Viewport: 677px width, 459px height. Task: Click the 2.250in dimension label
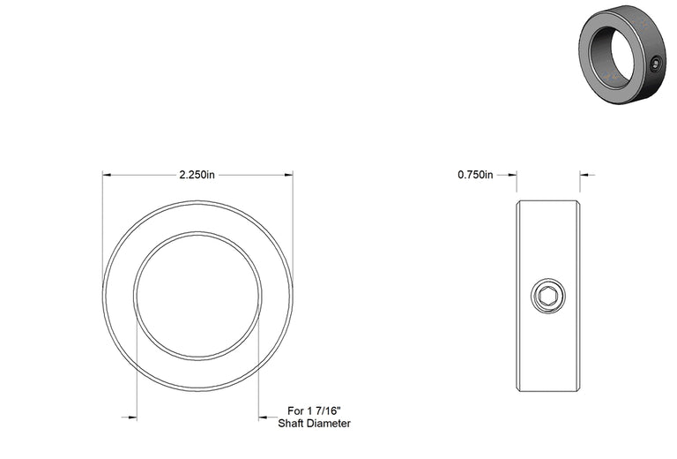[197, 175]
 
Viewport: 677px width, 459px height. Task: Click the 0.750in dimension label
[475, 175]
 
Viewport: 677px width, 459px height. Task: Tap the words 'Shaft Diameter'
[314, 424]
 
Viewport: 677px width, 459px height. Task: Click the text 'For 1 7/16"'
[314, 410]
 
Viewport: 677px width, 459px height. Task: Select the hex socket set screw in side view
[548, 296]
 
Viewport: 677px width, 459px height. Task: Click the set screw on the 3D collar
[656, 64]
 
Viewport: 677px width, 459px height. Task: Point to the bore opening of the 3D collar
[612, 55]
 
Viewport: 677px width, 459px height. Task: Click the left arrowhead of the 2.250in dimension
[107, 175]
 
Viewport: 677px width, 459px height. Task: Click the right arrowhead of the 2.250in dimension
[288, 175]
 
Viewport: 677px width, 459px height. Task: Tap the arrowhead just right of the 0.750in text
[512, 175]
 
